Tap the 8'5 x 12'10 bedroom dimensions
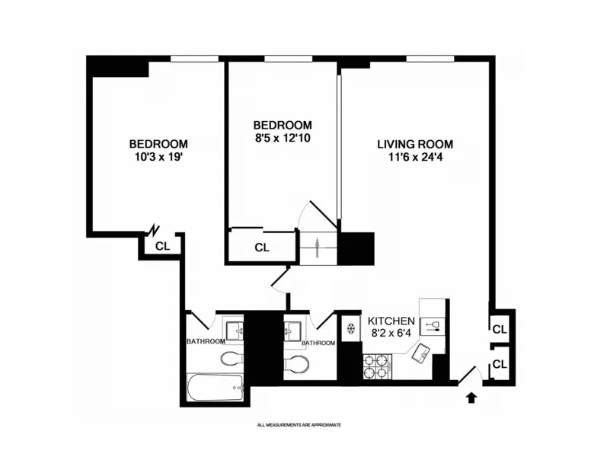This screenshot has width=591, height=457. point(283,138)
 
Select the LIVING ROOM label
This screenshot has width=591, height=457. point(415,144)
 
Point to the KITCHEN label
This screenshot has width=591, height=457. point(391,321)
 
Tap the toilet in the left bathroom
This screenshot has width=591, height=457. point(231,358)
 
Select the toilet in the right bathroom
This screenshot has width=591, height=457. point(295,364)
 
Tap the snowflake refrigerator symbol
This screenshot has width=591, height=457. point(350,329)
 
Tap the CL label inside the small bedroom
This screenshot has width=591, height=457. point(262,248)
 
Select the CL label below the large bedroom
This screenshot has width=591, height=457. point(162,245)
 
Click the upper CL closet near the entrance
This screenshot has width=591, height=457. point(500,329)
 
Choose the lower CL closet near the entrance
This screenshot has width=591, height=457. point(500,365)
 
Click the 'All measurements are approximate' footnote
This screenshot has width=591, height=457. point(299,424)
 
